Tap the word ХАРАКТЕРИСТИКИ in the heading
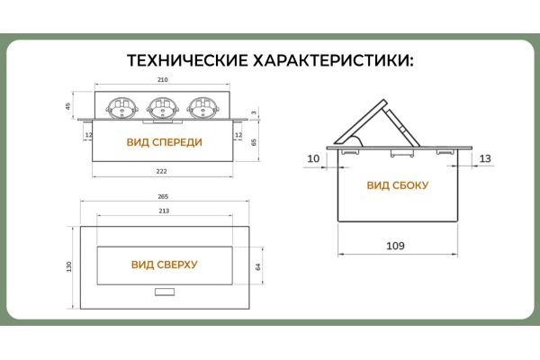[334, 61]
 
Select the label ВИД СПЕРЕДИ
[164, 142]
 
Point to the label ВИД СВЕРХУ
[164, 265]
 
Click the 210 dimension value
[163, 81]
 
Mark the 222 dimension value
[163, 171]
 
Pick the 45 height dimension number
[68, 106]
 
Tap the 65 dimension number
[256, 142]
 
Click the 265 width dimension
[163, 196]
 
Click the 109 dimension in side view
[394, 246]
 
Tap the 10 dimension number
[313, 159]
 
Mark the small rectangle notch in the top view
[164, 292]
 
